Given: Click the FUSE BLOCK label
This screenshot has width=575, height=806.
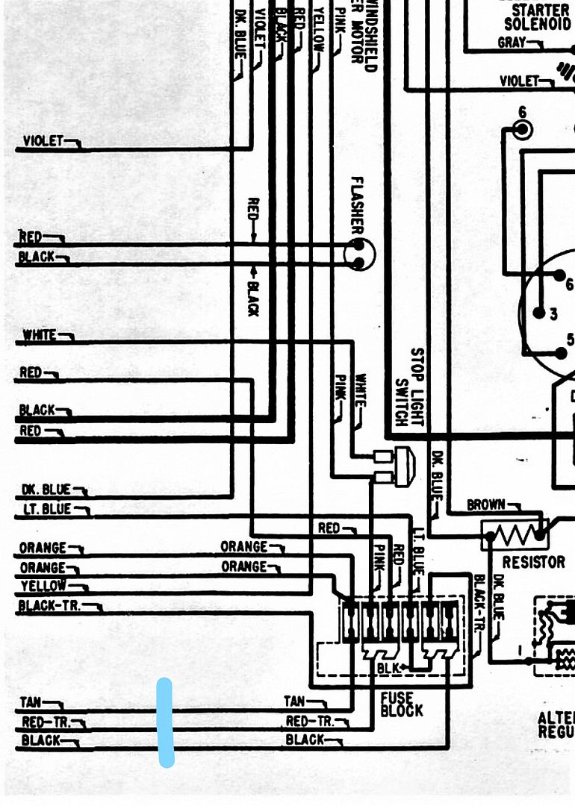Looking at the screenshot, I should point(401,704).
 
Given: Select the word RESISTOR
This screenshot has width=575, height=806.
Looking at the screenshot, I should point(533,562).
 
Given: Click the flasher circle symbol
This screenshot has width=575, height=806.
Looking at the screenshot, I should point(359,254).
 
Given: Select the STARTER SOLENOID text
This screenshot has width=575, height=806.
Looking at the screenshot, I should point(541,17).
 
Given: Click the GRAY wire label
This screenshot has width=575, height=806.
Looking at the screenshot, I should point(512,43).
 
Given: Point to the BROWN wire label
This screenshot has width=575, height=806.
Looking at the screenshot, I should point(485,504).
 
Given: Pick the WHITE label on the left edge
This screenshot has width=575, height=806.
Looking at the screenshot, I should point(40,335).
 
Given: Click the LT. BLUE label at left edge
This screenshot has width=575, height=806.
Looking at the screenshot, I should point(46,509).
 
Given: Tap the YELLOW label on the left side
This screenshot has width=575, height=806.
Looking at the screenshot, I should point(43,586).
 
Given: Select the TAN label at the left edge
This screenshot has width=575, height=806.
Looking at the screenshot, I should point(31,702).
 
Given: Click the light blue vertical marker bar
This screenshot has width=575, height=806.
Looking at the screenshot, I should point(166,722).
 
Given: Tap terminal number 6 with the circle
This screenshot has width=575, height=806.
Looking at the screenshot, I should point(523,128).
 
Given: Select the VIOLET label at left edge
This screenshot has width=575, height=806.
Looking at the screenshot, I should point(43,140).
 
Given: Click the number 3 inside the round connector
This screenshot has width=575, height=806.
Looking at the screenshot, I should point(553,314).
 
